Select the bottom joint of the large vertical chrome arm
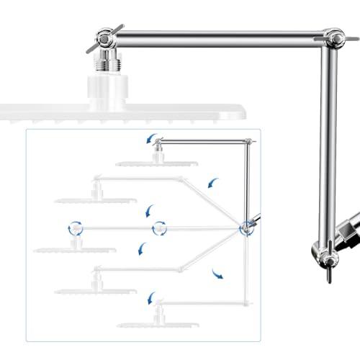(x=323, y=253)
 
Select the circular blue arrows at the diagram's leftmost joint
(x=74, y=229)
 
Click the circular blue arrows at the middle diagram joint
(x=159, y=229)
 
